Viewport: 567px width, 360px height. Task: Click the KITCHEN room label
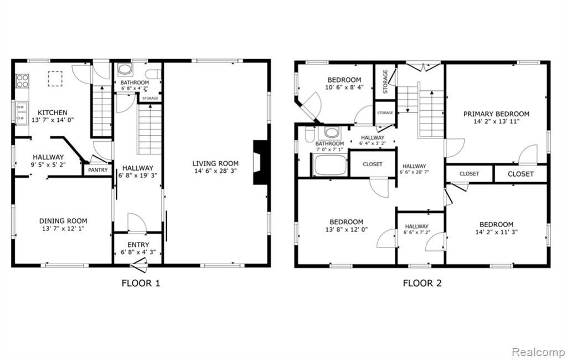tap(53, 112)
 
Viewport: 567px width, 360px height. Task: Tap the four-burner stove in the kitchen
tap(22, 81)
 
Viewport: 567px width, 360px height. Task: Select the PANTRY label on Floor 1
tap(98, 169)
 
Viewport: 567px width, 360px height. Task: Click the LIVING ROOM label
tap(215, 163)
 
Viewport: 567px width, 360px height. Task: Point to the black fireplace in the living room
tap(260, 162)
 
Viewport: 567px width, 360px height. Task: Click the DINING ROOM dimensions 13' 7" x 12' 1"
tap(63, 229)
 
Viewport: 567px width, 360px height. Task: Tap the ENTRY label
tap(138, 245)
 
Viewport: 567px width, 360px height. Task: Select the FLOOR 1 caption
tap(141, 283)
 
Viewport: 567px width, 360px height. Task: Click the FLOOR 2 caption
tap(422, 283)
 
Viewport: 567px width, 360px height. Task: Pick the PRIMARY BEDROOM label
tap(497, 114)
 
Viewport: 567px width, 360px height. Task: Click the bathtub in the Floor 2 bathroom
tap(330, 165)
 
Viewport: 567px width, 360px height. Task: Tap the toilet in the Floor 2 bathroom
tap(310, 134)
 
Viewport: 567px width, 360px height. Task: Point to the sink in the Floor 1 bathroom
tap(125, 69)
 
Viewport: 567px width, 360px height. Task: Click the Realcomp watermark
tap(538, 352)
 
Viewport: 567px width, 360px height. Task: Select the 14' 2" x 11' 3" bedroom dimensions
tap(497, 232)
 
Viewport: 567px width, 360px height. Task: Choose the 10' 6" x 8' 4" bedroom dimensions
tap(344, 87)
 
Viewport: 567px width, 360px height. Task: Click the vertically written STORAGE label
tap(385, 82)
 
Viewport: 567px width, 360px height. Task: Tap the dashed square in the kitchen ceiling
tap(55, 79)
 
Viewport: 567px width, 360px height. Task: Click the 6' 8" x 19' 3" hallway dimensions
tap(138, 176)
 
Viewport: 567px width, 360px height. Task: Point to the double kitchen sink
tap(22, 113)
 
